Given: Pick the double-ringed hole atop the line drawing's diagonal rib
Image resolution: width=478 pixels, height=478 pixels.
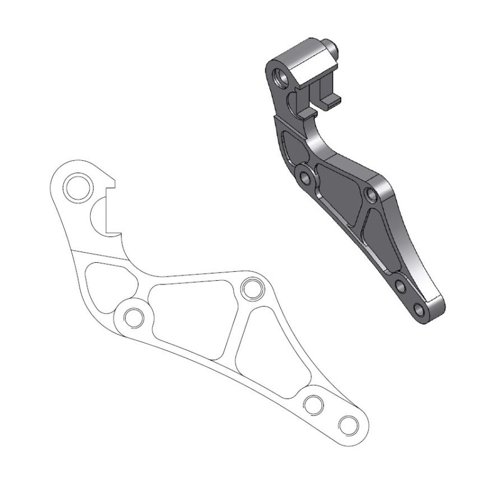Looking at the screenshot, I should [252, 289].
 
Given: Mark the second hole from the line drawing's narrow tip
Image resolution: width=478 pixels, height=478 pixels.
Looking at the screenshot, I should [312, 405].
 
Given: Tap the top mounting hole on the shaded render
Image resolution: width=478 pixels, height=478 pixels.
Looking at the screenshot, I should [279, 76].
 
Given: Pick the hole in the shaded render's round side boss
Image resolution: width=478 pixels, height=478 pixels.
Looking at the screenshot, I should [307, 179].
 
